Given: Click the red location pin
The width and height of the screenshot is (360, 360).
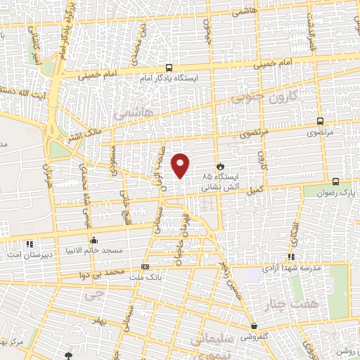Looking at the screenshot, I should click(x=181, y=165).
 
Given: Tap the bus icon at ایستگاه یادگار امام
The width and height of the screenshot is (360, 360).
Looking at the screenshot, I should click(x=169, y=68).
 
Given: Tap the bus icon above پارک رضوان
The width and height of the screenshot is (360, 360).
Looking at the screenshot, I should click(x=336, y=181).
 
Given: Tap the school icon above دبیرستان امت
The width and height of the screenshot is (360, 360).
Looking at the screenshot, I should click(x=29, y=244).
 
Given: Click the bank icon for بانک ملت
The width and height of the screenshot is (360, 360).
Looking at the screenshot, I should click(x=145, y=267).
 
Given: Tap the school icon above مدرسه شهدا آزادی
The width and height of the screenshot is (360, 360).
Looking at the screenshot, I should click(x=291, y=258).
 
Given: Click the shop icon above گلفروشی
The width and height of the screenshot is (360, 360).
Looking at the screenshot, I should click(x=253, y=327).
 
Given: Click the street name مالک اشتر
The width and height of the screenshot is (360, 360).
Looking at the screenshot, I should click(x=84, y=134).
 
